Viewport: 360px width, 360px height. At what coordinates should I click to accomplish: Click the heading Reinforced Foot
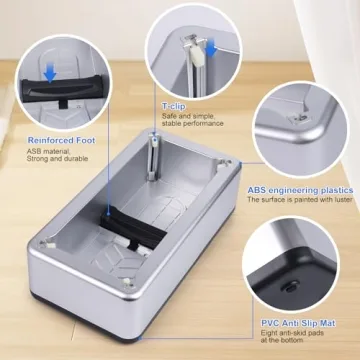pyautogui.click(x=41, y=140)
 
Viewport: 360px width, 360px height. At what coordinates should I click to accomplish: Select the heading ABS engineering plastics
pyautogui.click(x=301, y=190)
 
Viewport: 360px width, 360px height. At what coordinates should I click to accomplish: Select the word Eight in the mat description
pyautogui.click(x=270, y=334)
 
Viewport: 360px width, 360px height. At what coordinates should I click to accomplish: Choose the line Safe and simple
pyautogui.click(x=186, y=116)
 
